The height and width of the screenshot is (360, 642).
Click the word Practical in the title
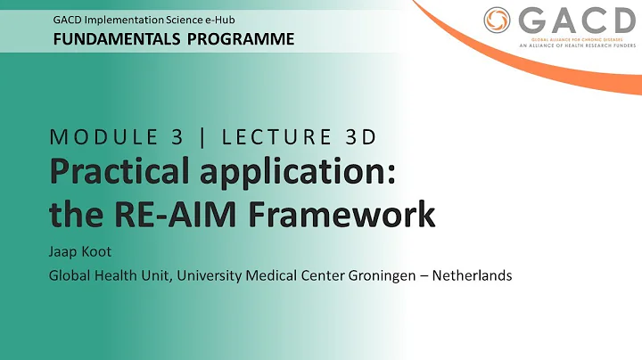115,175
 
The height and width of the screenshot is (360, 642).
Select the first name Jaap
64,253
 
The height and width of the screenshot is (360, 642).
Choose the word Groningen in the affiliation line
386,275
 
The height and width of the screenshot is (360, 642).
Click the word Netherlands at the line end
473,275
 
